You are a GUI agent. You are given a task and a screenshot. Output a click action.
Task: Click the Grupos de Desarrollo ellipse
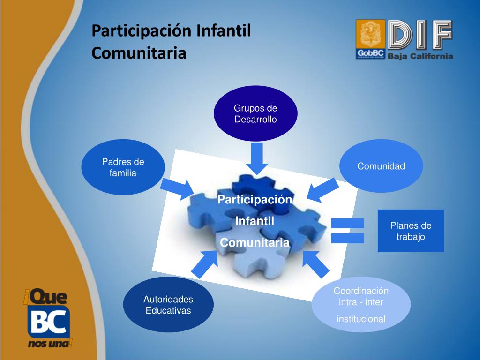(x=255, y=113)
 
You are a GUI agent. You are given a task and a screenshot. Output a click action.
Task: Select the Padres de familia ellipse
(x=123, y=167)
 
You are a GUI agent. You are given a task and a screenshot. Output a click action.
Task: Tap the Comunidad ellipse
(x=381, y=166)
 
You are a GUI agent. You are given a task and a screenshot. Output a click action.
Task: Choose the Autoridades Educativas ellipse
(x=168, y=305)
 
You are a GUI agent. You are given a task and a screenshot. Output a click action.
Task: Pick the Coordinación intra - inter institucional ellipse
(x=361, y=305)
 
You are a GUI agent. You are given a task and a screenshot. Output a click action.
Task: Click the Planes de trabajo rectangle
(x=411, y=231)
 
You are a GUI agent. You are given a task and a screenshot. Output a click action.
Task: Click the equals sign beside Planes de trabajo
(x=347, y=231)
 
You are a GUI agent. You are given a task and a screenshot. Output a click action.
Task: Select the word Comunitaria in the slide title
(x=139, y=52)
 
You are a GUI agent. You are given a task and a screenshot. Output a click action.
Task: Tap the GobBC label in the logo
(x=370, y=53)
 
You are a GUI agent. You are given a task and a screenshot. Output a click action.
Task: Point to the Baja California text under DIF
(x=420, y=56)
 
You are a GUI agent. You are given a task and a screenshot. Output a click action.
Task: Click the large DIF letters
(x=420, y=35)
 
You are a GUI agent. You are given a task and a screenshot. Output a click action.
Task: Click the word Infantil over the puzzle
(x=255, y=221)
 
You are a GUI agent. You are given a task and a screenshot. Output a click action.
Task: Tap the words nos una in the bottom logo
(x=48, y=345)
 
